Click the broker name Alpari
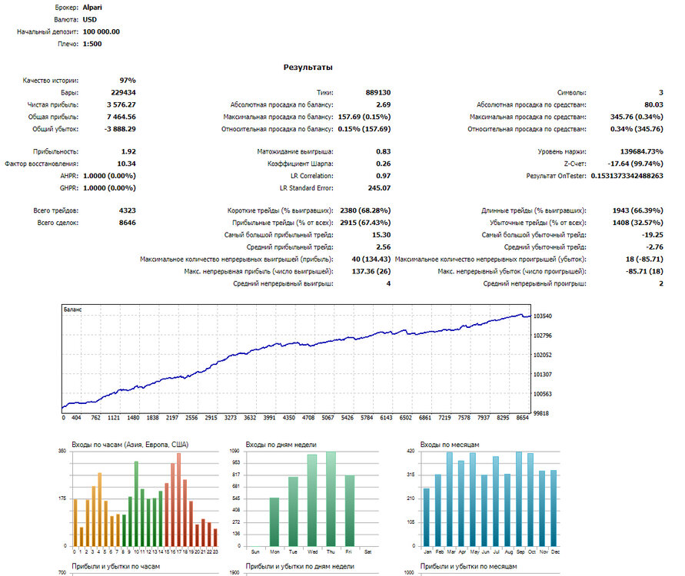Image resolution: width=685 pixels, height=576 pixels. pyautogui.click(x=92, y=8)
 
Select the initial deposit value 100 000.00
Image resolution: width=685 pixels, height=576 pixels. pyautogui.click(x=101, y=31)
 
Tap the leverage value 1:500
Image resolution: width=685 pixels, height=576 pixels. pyautogui.click(x=92, y=44)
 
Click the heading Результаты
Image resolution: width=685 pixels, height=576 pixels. pyautogui.click(x=308, y=68)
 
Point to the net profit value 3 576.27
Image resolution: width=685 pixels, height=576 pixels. pyautogui.click(x=121, y=104)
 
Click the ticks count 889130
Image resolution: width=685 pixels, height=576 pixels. pyautogui.click(x=378, y=92)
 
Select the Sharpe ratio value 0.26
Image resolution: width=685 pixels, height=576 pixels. pyautogui.click(x=383, y=164)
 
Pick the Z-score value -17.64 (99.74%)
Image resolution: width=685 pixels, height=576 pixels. pyautogui.click(x=635, y=164)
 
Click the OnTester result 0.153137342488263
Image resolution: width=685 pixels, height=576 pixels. pyautogui.click(x=627, y=176)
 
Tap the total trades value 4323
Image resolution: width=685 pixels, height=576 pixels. pyautogui.click(x=127, y=210)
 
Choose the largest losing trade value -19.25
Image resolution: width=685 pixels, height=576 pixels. pyautogui.click(x=652, y=235)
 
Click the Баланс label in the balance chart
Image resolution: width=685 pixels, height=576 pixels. pyautogui.click(x=72, y=310)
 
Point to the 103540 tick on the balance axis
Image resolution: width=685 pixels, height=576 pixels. pyautogui.click(x=543, y=316)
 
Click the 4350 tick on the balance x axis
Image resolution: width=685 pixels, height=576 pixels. pyautogui.click(x=289, y=418)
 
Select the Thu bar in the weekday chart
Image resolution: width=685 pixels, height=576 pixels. pyautogui.click(x=331, y=498)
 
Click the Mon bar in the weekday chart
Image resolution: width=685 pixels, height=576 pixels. pyautogui.click(x=274, y=522)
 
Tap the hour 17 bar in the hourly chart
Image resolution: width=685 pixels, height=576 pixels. pyautogui.click(x=178, y=500)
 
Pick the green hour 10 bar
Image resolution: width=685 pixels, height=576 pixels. pyautogui.click(x=136, y=504)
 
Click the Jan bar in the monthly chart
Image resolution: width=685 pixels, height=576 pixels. pyautogui.click(x=427, y=517)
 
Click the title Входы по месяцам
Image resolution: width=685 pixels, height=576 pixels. pyautogui.click(x=450, y=445)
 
